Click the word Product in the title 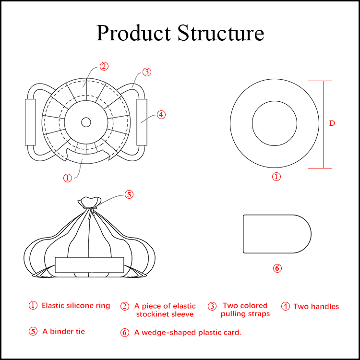tap(134, 33)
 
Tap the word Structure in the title tap(220, 33)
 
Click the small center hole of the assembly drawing tap(86, 122)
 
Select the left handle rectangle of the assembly tap(30, 122)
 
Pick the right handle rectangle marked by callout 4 tap(142, 122)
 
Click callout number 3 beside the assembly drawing tap(147, 72)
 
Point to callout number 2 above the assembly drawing tap(104, 66)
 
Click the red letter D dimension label tap(332, 123)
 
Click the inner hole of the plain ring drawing tap(275, 123)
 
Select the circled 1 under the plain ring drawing tap(276, 177)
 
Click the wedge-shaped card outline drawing tap(276, 234)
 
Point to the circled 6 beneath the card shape tap(277, 268)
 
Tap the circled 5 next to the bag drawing tap(129, 194)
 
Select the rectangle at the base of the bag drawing tap(90, 265)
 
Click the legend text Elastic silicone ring tap(76, 305)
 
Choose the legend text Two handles tap(316, 306)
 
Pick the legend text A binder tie tap(63, 331)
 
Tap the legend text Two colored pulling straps tap(245, 310)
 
